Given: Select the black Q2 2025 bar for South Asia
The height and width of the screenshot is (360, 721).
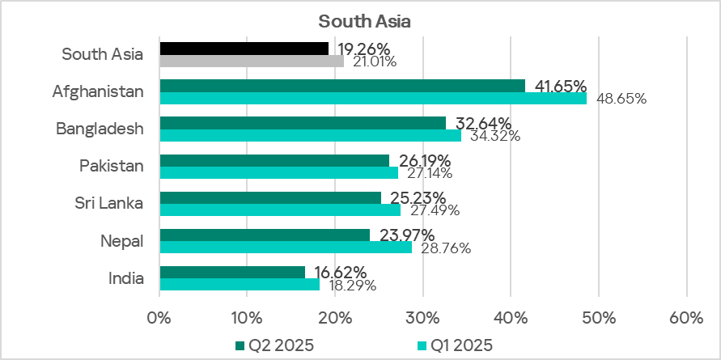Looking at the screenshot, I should click(244, 49).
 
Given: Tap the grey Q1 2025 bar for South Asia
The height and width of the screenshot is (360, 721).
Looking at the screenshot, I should click(252, 61).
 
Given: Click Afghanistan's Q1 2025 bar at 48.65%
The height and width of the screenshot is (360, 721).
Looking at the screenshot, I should click(373, 98).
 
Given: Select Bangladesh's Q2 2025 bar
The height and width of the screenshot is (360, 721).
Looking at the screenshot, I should click(303, 123).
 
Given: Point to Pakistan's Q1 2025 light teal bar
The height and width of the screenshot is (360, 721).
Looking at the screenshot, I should click(278, 172).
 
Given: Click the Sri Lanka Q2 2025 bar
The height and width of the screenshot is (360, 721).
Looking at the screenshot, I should click(270, 197).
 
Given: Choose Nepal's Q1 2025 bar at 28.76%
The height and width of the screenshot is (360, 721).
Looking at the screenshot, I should click(286, 247).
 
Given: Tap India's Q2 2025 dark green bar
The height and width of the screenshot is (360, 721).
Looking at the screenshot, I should click(232, 273).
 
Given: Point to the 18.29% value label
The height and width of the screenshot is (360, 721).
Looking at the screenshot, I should click(350, 286).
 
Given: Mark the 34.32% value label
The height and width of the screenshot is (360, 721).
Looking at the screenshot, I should click(493, 136).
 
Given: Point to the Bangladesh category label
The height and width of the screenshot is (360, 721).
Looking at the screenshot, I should click(100, 129).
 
